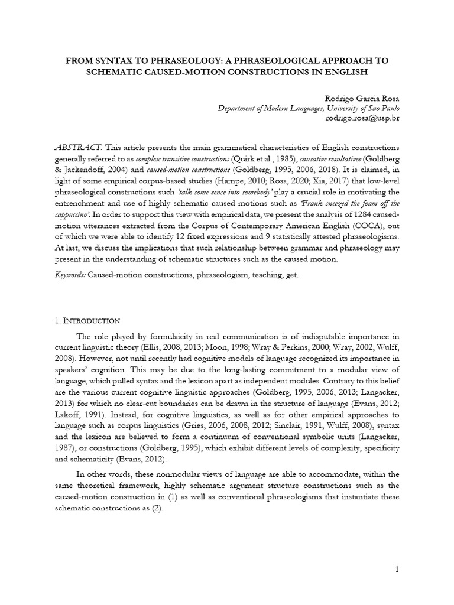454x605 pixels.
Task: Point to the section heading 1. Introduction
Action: point(87,320)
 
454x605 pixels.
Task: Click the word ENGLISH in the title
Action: point(345,72)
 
